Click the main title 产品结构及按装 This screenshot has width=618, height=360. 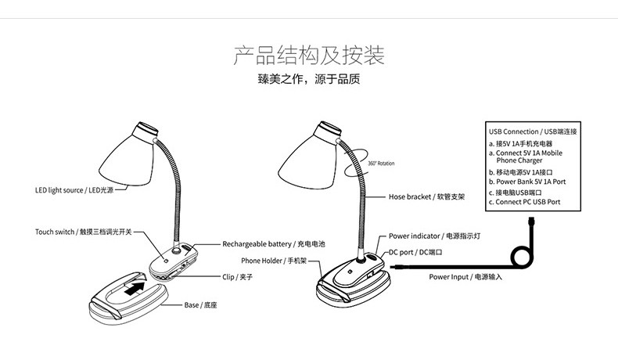pos(309,56)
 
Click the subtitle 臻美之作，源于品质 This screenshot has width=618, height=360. pos(308,79)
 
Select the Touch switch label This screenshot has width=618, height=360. pos(84,232)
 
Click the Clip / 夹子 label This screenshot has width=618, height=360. pos(238,277)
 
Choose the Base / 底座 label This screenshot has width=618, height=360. pos(201,304)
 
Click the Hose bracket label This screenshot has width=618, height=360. pos(427,197)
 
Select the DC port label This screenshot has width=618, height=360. pos(416,252)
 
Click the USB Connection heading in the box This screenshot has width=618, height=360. pos(533,131)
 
